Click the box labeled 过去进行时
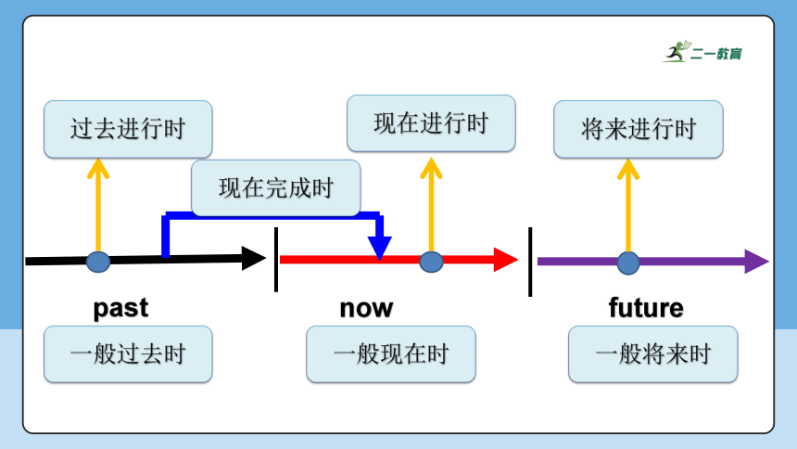[128, 129]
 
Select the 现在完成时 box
[276, 187]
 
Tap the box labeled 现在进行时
[431, 123]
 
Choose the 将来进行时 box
[639, 129]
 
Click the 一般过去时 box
[128, 354]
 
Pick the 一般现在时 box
[391, 354]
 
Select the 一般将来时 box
[653, 354]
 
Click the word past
[120, 309]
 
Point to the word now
[366, 309]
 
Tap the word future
[646, 308]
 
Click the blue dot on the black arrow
[98, 262]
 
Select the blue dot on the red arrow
[431, 262]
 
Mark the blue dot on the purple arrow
[628, 263]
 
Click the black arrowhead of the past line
[253, 259]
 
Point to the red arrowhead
[505, 260]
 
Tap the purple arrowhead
[756, 262]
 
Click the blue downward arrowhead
[380, 249]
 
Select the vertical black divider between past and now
[276, 260]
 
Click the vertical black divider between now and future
[530, 262]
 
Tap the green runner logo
[677, 51]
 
